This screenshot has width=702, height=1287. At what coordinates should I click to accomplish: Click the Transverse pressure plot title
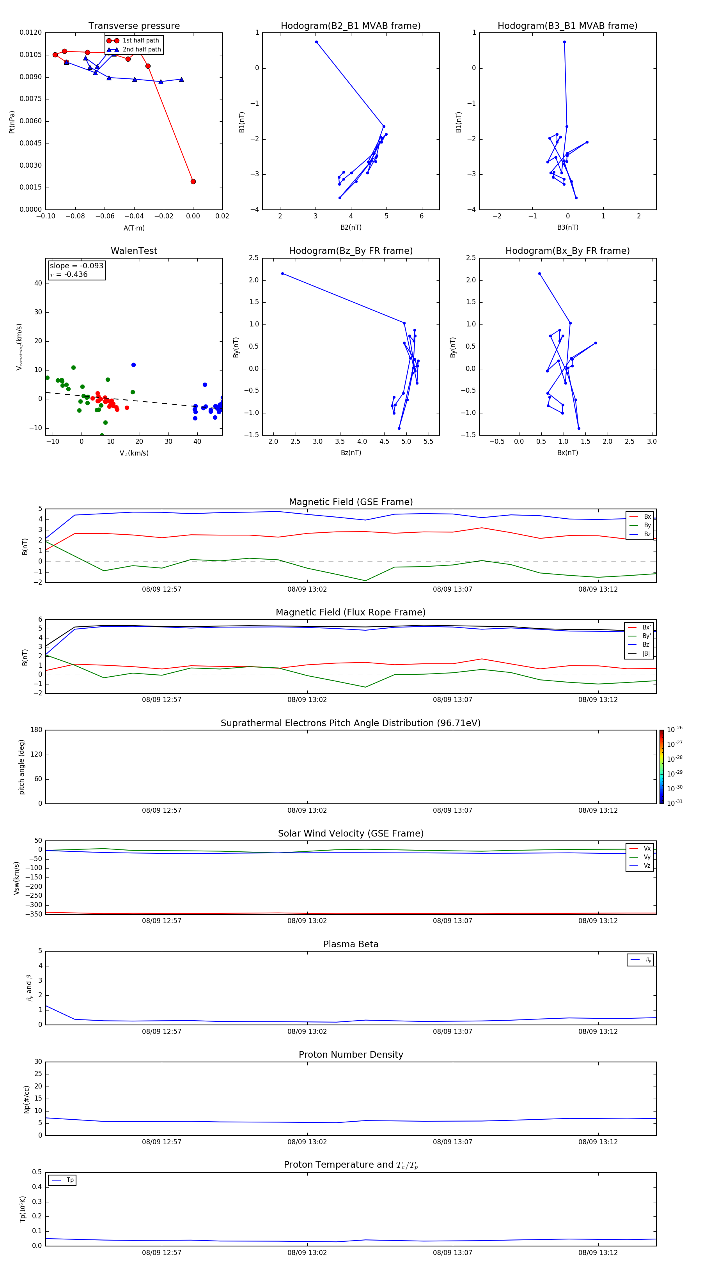coord(134,26)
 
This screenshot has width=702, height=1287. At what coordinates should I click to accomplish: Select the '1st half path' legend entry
coord(140,41)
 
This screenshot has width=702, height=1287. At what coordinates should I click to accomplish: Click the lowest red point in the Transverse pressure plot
coord(193,181)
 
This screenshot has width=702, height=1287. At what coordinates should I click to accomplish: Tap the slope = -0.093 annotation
coord(76,266)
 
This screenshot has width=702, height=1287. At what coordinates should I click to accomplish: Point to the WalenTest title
coord(134,251)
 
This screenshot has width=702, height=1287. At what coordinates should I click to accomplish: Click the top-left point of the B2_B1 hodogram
coord(316,42)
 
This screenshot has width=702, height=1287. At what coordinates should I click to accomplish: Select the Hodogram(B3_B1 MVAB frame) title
coord(567,26)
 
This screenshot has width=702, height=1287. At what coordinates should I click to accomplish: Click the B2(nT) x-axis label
coord(351,227)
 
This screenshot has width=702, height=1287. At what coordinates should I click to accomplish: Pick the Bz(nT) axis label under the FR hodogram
coord(351,453)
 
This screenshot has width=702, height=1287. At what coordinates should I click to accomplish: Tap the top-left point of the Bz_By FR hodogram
coord(282,273)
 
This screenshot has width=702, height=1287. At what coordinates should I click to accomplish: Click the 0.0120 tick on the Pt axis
coord(30,32)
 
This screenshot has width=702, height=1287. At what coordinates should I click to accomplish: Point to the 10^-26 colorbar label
coord(675,729)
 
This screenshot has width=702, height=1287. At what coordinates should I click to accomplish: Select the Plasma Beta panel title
coord(351,944)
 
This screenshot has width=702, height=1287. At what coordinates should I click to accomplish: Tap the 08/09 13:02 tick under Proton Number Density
coord(307,1142)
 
